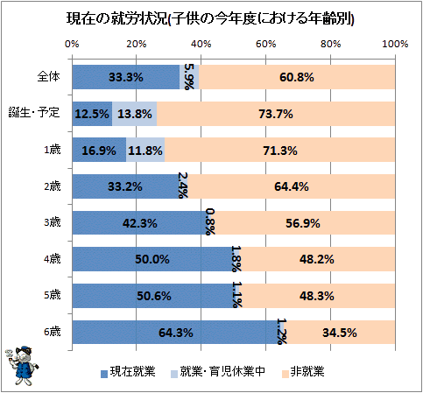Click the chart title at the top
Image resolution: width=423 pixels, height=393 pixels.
pyautogui.click(x=210, y=18)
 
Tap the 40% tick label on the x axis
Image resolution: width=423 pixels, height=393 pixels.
pyautogui.click(x=201, y=44)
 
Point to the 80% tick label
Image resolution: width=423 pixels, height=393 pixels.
pyautogui.click(x=330, y=44)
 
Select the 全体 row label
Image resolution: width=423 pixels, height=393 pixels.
pyautogui.click(x=48, y=77)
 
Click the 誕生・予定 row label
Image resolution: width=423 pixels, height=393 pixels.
pyautogui.click(x=34, y=112)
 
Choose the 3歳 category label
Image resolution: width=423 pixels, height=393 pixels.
pyautogui.click(x=53, y=222)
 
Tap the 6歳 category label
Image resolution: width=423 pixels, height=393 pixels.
pyautogui.click(x=53, y=332)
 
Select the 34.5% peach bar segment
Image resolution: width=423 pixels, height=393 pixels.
pyautogui.click(x=340, y=333)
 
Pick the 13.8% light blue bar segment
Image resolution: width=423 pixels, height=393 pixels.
pyautogui.click(x=135, y=114)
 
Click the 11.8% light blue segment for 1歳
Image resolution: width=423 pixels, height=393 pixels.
pyautogui.click(x=145, y=150)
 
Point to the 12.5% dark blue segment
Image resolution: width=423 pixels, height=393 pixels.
pyautogui.click(x=92, y=114)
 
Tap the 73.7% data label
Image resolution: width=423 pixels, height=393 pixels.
pyautogui.click(x=276, y=114)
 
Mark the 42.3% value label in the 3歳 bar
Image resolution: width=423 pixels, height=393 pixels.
pyautogui.click(x=140, y=223)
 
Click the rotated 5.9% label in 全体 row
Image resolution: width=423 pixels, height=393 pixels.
pyautogui.click(x=189, y=77)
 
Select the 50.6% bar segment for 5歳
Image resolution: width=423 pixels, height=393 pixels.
pyautogui.click(x=154, y=296)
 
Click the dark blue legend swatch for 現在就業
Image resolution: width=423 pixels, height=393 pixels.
pyautogui.click(x=104, y=374)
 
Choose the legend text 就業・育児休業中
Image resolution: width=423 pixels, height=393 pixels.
pyautogui.click(x=222, y=371)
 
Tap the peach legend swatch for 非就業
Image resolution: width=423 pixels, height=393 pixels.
pyautogui.click(x=286, y=374)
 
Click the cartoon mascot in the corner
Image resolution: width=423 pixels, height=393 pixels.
pyautogui.click(x=22, y=366)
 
